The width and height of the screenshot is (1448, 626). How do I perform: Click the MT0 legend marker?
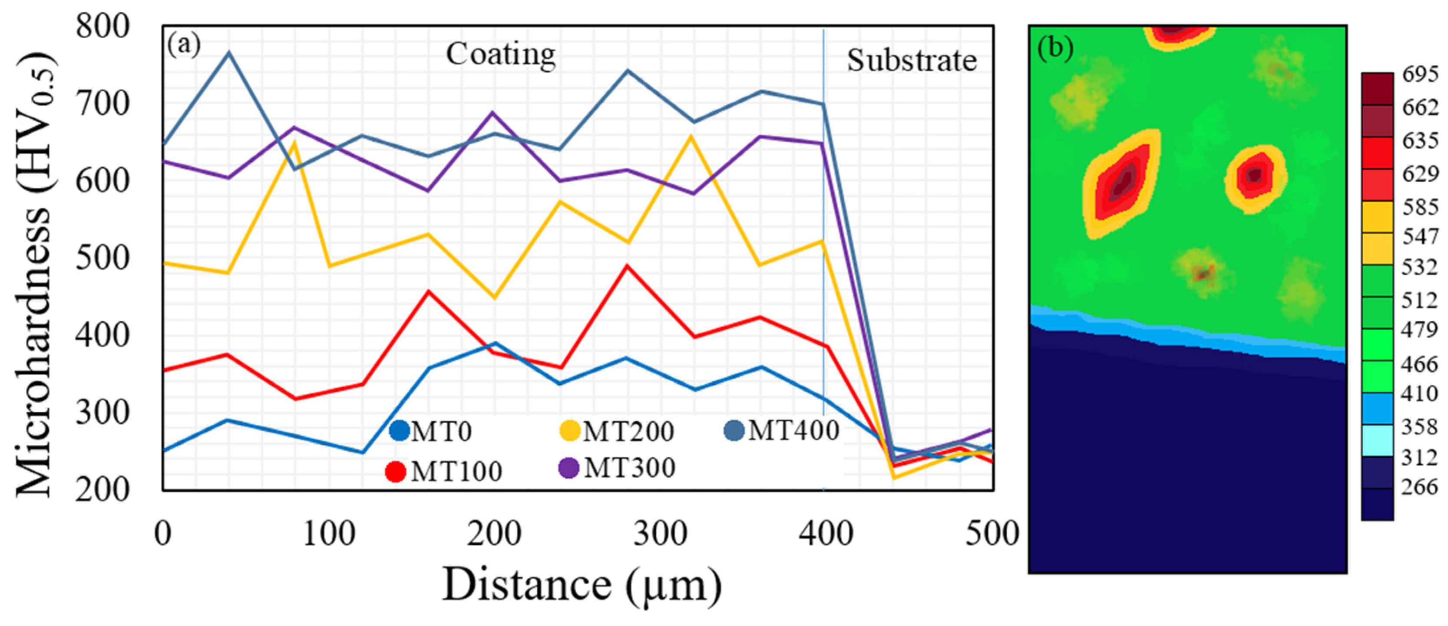399,431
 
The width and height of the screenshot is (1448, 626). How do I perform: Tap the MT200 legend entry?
628,431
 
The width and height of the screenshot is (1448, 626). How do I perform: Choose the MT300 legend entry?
629,468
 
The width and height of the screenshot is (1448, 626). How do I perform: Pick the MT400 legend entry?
793,430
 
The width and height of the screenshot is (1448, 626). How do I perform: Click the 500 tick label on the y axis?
103,258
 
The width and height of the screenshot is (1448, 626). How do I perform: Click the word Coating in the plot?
501,54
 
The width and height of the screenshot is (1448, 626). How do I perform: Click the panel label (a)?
184,45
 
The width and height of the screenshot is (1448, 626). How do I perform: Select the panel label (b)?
1055,49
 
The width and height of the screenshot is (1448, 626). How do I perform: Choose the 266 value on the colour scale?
1420,486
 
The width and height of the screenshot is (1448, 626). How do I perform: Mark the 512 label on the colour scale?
1420,300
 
